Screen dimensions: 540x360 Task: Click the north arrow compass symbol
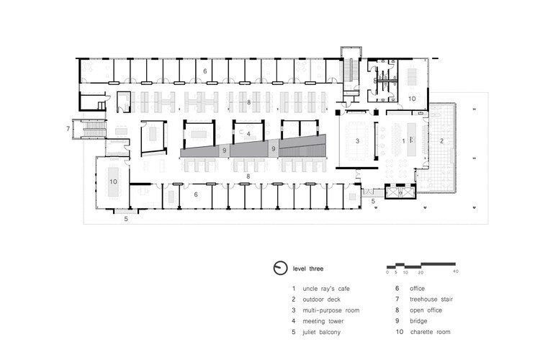280,268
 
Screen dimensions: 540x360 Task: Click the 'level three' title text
308,269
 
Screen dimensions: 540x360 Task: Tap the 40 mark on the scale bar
456,271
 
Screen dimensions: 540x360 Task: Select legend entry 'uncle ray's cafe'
325,289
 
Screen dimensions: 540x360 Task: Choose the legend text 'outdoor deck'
321,300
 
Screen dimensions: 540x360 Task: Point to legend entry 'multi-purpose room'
330,310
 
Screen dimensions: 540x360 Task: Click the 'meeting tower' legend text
323,321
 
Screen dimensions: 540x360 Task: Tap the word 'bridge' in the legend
418,321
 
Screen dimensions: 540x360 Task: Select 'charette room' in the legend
430,332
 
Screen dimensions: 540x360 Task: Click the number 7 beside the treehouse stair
68,129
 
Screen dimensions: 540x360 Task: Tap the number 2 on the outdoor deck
441,141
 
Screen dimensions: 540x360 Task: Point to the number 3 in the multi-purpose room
357,141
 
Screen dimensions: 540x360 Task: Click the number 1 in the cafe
404,141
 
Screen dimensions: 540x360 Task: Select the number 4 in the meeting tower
248,134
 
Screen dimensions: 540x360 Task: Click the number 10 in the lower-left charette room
113,181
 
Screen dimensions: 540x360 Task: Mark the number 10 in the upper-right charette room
412,99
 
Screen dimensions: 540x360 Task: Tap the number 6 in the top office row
205,71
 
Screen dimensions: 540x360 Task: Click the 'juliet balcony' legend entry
321,332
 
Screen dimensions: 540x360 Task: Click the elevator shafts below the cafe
400,192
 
